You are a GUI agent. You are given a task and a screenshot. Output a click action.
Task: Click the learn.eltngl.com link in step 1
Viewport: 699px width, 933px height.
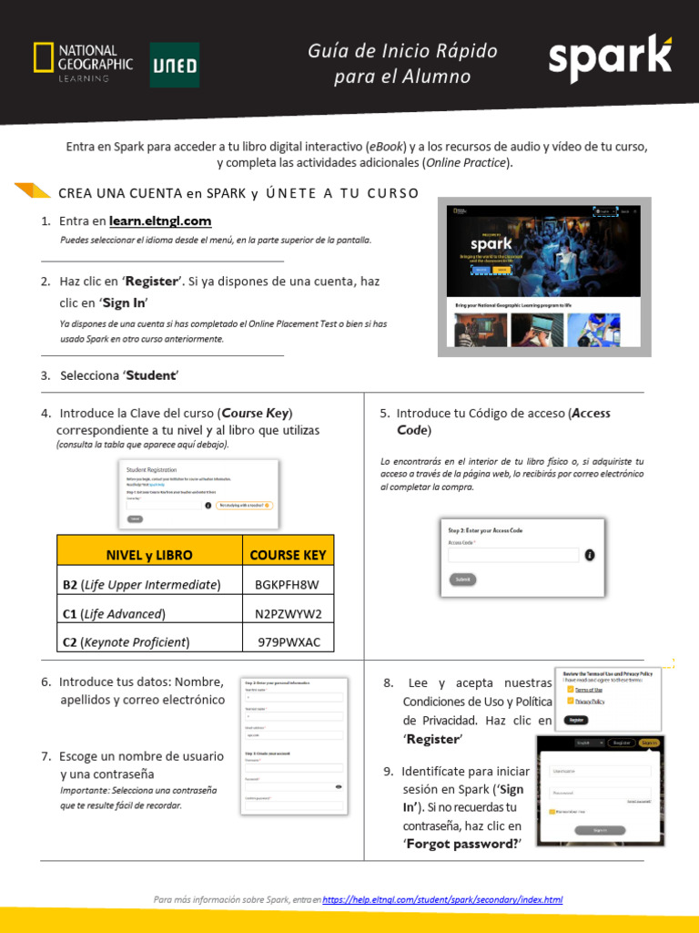click(x=160, y=220)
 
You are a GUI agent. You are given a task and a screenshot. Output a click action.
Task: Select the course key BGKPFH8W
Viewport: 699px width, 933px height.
click(x=288, y=584)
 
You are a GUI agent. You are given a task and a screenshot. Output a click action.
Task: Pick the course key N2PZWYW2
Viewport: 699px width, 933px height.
click(x=288, y=613)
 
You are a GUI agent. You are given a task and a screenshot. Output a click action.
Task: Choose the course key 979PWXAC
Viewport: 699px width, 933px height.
click(x=288, y=641)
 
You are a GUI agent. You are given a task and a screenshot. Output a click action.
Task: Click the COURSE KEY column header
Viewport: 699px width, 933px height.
click(x=288, y=554)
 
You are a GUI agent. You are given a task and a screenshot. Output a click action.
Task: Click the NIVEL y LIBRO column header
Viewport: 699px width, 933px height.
click(x=149, y=554)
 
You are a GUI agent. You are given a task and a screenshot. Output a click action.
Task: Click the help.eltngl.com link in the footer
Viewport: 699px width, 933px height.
click(x=442, y=899)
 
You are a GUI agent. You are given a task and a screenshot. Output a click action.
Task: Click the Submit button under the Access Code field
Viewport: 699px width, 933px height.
click(x=462, y=579)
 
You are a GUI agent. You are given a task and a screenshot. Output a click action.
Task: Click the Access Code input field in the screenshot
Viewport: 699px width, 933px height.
click(x=513, y=555)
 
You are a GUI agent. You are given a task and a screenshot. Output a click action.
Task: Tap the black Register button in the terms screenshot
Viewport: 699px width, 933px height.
click(x=575, y=720)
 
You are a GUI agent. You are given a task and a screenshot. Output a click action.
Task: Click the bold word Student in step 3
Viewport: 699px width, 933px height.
click(x=152, y=375)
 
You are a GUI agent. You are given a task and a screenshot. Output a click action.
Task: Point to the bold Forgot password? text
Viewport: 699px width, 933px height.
click(x=462, y=844)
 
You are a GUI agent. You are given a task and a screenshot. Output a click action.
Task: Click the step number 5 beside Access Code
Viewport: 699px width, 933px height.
click(x=384, y=414)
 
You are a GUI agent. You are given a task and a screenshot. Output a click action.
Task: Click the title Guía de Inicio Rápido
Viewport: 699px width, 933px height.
click(x=402, y=52)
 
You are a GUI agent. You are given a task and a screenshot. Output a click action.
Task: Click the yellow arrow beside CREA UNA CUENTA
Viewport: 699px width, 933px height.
click(x=33, y=190)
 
